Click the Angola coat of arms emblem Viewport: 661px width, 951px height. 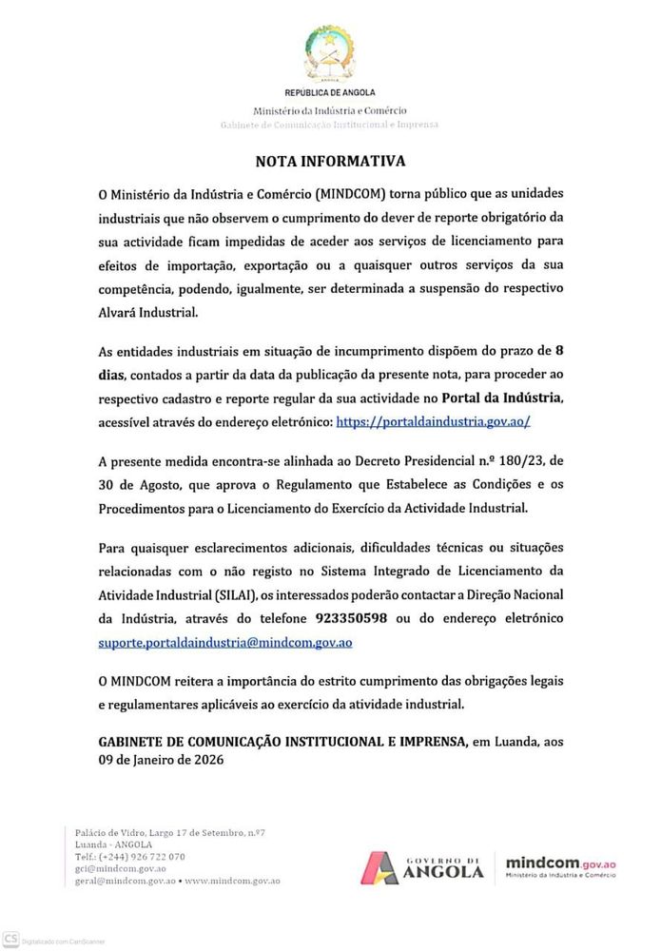330,53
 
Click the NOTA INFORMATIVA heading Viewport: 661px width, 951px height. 330,162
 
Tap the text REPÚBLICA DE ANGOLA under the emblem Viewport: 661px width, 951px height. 330,92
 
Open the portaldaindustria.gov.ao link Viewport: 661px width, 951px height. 433,420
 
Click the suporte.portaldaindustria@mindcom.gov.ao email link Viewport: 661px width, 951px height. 225,642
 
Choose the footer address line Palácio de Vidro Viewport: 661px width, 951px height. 169,832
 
